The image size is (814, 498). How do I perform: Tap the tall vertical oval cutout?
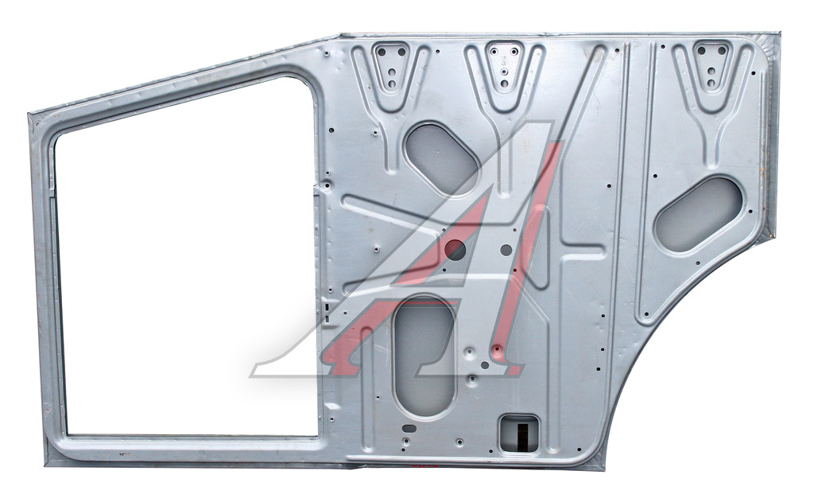click(424, 357)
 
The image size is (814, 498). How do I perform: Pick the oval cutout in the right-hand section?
click(699, 214)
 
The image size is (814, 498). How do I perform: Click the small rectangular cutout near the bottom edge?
click(518, 434)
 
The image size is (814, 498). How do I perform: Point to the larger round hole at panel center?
click(455, 251)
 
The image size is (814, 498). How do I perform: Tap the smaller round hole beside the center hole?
click(506, 251)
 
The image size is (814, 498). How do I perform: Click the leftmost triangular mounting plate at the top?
click(392, 68)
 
